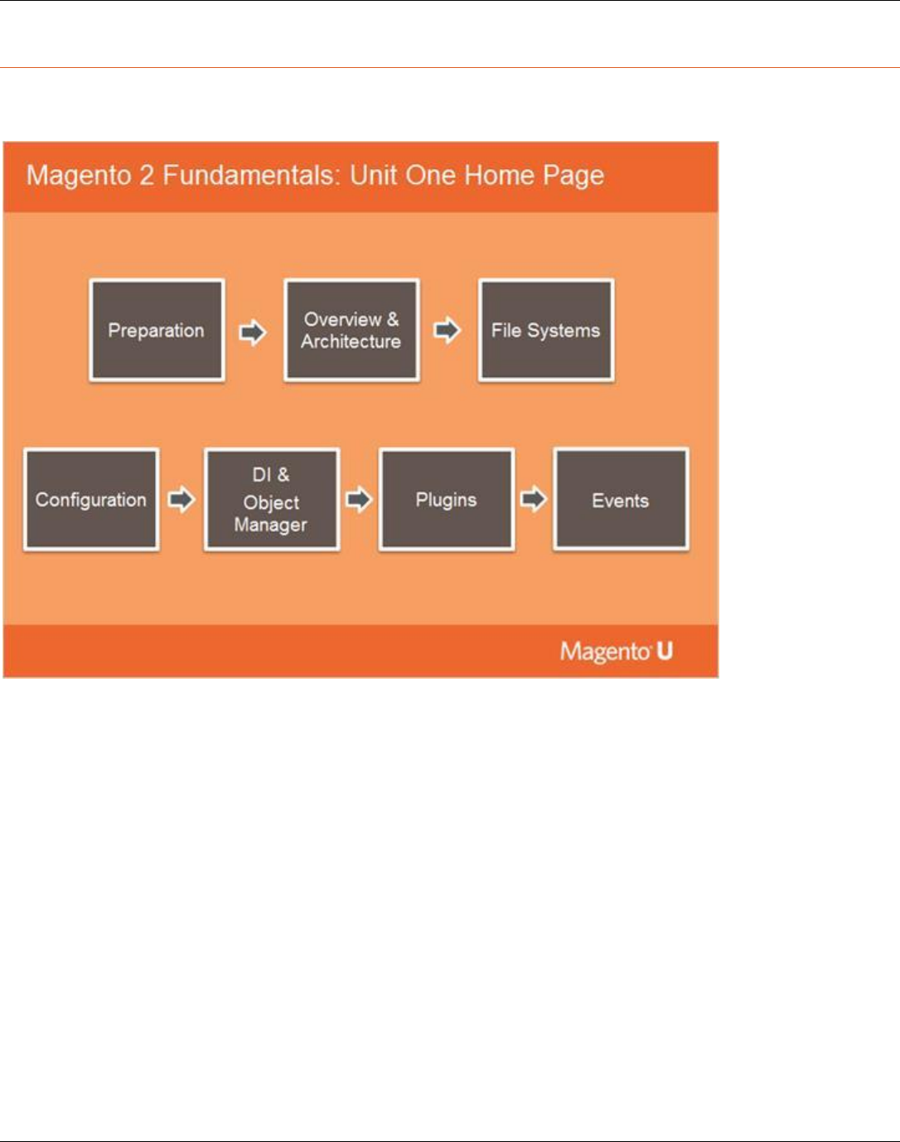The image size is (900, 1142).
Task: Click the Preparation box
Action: (157, 330)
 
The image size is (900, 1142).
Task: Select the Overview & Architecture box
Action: (351, 330)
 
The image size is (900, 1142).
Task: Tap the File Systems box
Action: (546, 330)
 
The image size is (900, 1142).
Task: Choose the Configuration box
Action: (91, 500)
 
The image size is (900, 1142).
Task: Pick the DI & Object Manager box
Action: (272, 500)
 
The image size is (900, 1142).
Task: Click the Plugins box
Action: (447, 500)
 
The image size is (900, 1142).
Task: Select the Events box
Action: (621, 499)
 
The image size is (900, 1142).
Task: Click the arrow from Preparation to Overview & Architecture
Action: (253, 332)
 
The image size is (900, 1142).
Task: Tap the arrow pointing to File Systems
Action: (447, 330)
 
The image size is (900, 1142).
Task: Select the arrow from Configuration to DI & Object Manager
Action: (181, 500)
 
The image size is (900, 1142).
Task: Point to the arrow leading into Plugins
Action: (360, 500)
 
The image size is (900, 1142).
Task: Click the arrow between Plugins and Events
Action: (534, 500)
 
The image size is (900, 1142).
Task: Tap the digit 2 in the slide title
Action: (147, 175)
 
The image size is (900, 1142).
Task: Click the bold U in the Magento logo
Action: (665, 651)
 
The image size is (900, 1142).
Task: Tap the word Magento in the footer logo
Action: (604, 652)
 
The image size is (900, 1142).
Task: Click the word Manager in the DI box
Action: (271, 525)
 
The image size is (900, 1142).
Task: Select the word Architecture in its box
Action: (351, 341)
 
